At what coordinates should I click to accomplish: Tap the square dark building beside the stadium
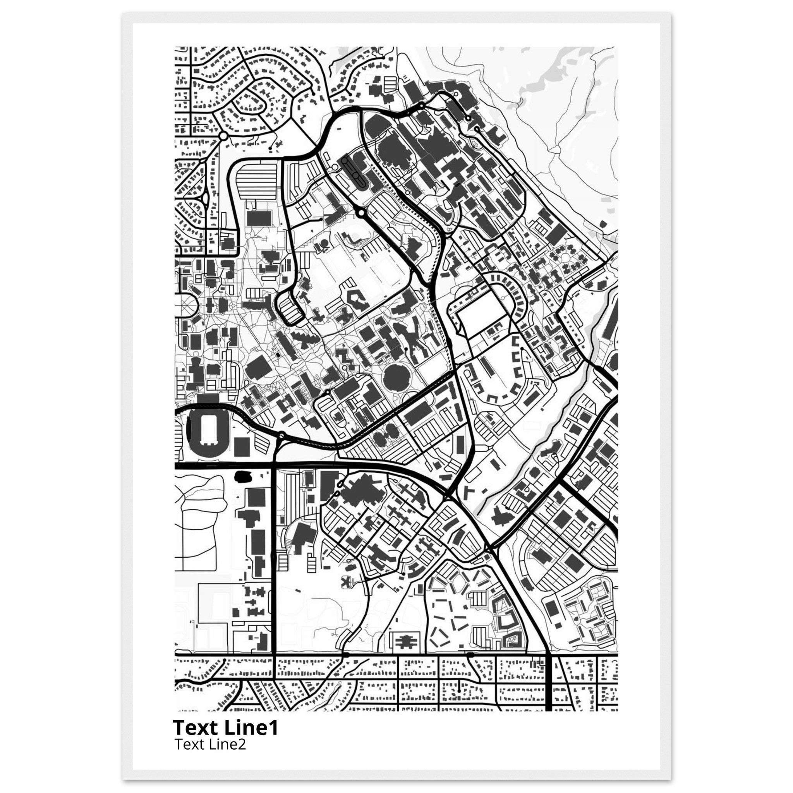coord(242,446)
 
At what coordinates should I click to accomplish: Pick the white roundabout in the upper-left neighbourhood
coord(224,136)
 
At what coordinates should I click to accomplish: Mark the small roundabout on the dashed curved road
coord(281,435)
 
